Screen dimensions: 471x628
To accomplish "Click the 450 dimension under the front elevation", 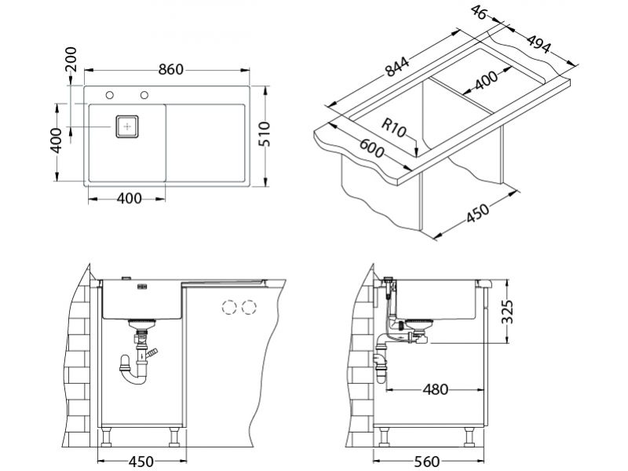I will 141,461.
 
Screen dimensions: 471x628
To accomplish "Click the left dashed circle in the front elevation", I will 232,306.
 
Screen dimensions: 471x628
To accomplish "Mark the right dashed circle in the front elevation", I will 250,306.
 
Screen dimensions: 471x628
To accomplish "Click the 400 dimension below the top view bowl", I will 128,199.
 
